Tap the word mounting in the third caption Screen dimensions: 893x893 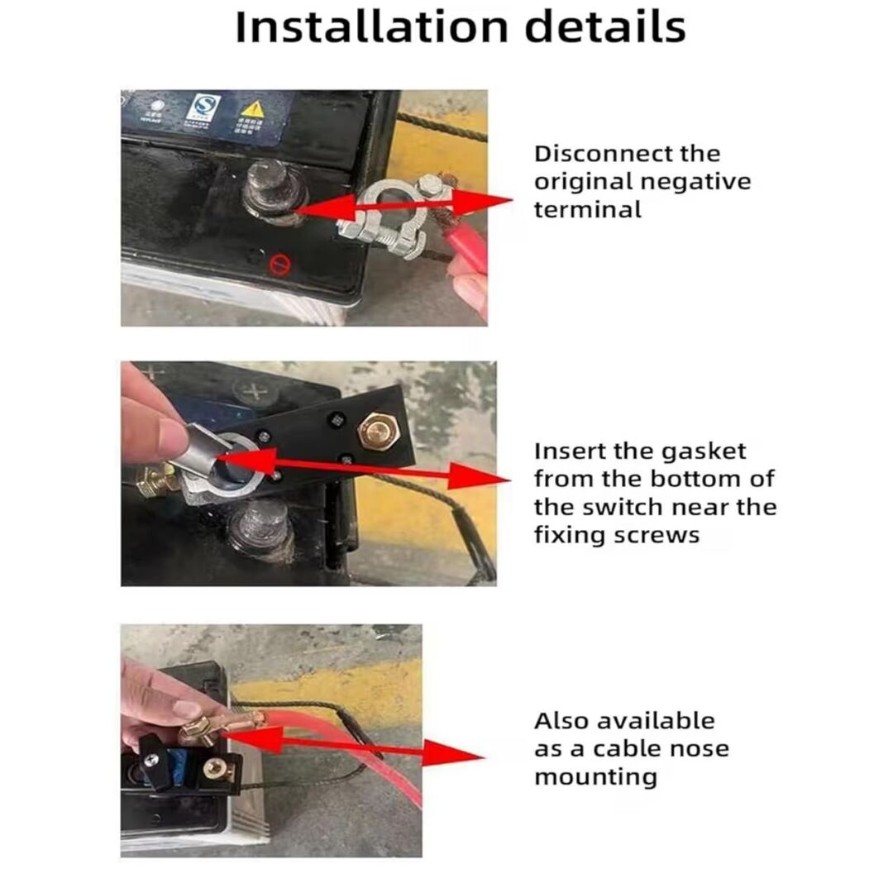coord(595,777)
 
